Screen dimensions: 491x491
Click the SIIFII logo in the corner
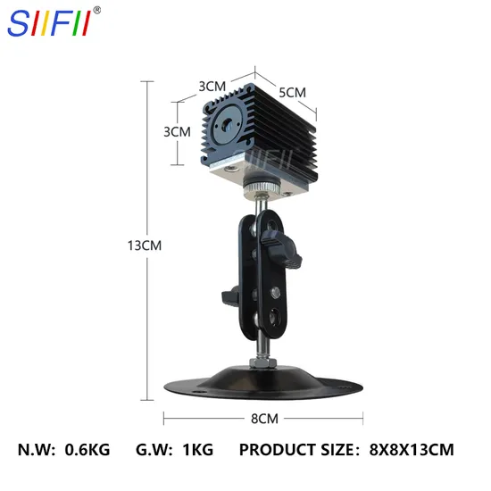pyautogui.click(x=50, y=23)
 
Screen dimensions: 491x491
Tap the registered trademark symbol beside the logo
pyautogui.click(x=97, y=10)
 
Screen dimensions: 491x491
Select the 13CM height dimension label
pyautogui.click(x=145, y=245)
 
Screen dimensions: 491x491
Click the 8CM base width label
pyautogui.click(x=264, y=419)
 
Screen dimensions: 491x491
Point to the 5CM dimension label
pyautogui.click(x=293, y=92)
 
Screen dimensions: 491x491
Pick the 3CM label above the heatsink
pyautogui.click(x=212, y=87)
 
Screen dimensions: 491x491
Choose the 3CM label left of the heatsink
pyautogui.click(x=178, y=132)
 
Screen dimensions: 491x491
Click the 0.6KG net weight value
pyautogui.click(x=87, y=450)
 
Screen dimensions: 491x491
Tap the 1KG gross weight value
pyautogui.click(x=198, y=450)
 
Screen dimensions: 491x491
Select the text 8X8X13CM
pyautogui.click(x=412, y=450)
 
